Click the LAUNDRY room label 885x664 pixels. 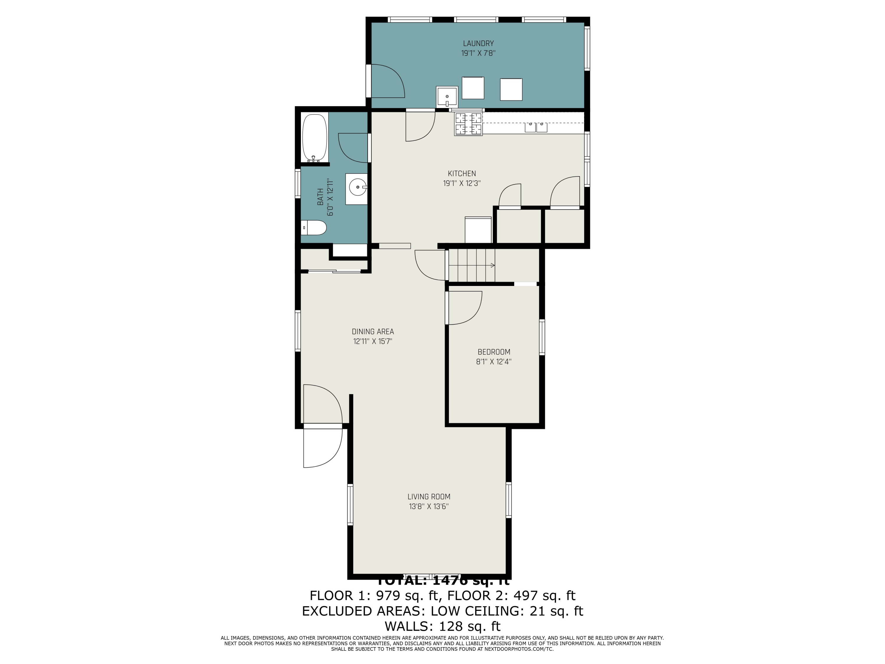coord(478,43)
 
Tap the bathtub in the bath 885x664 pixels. coord(314,138)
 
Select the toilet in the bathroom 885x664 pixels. coord(314,228)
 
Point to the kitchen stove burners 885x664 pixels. coord(468,124)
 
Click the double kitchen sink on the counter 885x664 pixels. coord(536,127)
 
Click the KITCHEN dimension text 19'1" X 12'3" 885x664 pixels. coord(462,183)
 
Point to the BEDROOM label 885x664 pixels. coord(494,352)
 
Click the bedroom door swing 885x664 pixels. coord(464,308)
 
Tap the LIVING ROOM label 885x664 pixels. coord(429,496)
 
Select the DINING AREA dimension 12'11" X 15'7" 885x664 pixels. coord(373,341)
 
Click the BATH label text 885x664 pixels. coord(320,197)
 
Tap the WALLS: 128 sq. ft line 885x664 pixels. coord(442,626)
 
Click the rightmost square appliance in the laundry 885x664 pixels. coord(511,89)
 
